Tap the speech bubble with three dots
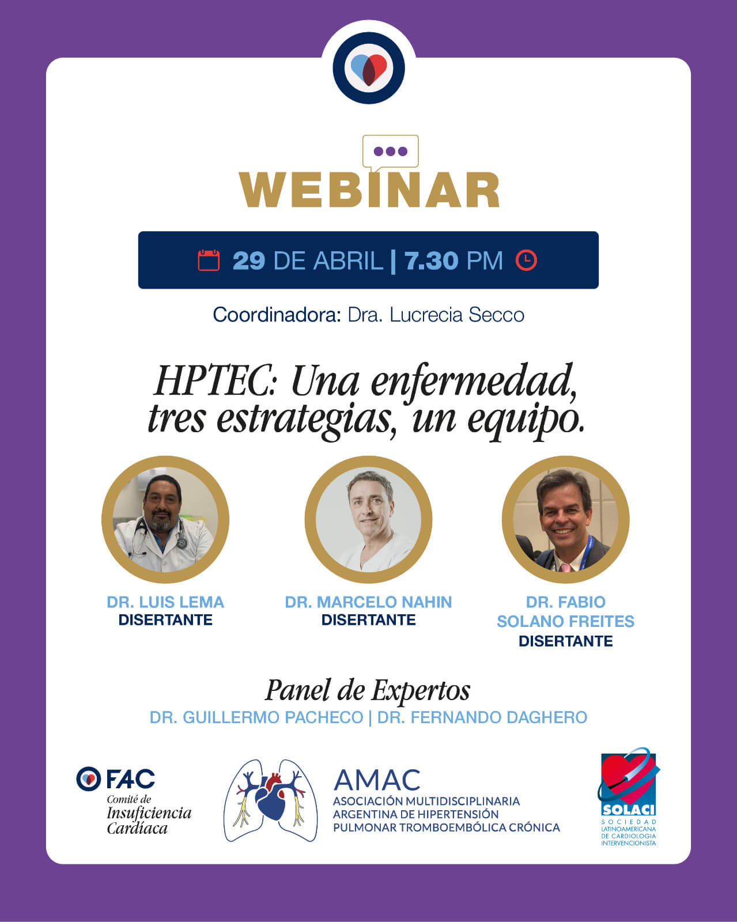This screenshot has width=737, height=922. tap(390, 153)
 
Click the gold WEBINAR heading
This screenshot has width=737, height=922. tap(369, 190)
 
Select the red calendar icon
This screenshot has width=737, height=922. tap(209, 260)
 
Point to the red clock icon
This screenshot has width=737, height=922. tap(526, 260)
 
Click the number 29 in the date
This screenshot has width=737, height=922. tap(249, 260)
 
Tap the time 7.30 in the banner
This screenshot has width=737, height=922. tap(432, 260)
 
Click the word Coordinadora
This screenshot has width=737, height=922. tap(277, 315)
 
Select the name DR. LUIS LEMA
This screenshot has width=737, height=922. tap(165, 602)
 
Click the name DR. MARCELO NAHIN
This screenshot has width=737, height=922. tap(369, 602)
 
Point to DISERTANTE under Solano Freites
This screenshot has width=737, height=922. tap(566, 641)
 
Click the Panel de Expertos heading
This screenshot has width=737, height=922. tap(368, 690)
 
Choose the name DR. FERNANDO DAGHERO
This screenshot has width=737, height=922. tap(482, 717)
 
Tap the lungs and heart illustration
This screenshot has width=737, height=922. tap(271, 800)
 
